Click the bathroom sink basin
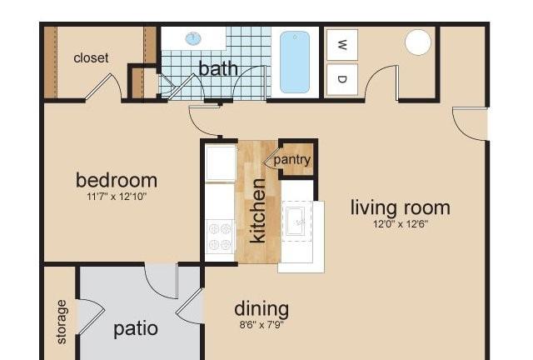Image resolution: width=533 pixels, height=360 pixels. coord(193,38)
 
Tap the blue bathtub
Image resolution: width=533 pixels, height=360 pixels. coord(295,62)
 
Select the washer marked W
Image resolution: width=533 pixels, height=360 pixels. coord(342,44)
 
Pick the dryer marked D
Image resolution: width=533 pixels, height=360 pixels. coord(342,79)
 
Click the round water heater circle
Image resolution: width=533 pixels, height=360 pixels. coord(418,42)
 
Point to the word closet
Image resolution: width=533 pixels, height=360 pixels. coord(91,57)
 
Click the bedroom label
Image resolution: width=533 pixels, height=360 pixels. coord(117,180)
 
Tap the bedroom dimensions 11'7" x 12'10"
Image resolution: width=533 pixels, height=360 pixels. coord(117,197)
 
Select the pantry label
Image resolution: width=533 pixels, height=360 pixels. coord(292,160)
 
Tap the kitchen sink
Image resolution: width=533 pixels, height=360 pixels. coord(296,222)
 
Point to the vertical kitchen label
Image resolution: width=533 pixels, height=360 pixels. coord(257,211)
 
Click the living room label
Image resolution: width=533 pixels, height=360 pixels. coord(401,207)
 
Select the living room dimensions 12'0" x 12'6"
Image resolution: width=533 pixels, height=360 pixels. coord(401,224)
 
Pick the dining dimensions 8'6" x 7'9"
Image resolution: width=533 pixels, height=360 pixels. coord(262,325)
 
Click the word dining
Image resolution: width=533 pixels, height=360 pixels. coord(262,309)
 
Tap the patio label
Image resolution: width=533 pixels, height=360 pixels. coord(136,329)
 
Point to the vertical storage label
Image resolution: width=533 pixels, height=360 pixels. coord(62,322)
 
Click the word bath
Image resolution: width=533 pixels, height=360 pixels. coord(218,68)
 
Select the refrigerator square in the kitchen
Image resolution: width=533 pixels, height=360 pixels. coord(221,163)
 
